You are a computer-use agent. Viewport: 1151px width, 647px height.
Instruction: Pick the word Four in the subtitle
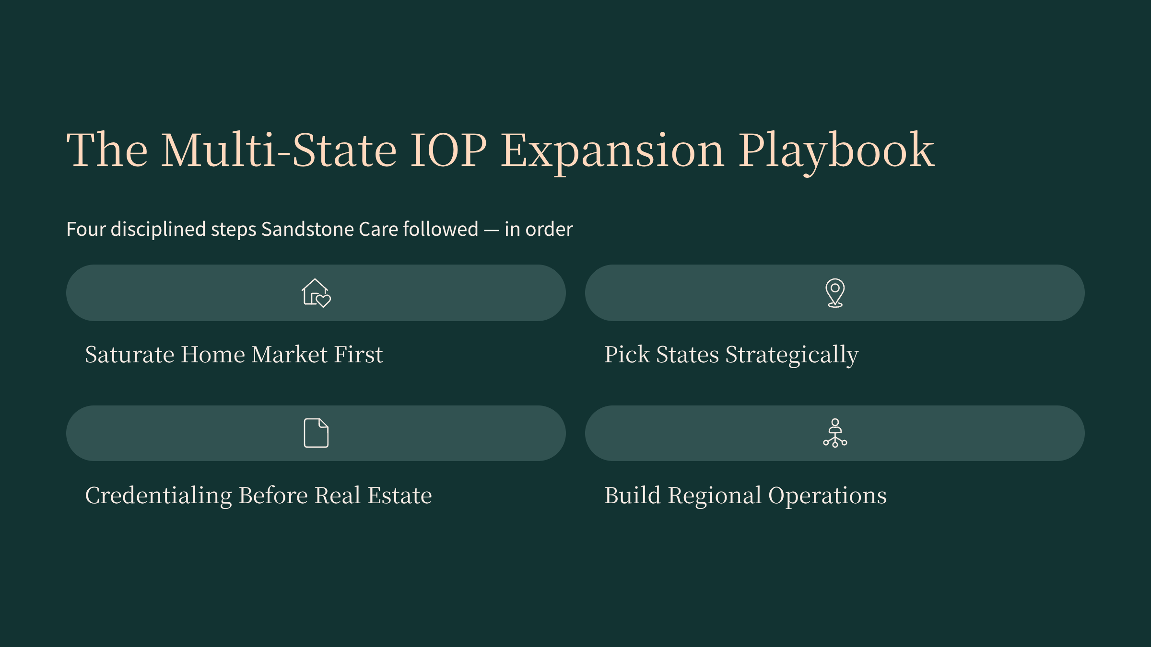click(x=86, y=229)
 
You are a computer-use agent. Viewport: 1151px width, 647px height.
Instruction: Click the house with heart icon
click(x=316, y=293)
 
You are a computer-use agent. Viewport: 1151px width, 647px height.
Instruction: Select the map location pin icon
click(x=835, y=293)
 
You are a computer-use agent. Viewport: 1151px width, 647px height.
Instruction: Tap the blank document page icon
click(x=317, y=433)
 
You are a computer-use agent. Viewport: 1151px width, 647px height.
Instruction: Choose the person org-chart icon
click(x=835, y=433)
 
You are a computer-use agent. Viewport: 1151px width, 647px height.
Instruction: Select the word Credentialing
click(x=158, y=496)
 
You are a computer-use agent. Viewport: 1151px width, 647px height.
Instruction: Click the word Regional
click(x=715, y=496)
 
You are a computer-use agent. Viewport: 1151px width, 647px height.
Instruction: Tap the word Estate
click(x=400, y=496)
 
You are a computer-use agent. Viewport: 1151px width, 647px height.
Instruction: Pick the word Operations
click(x=827, y=496)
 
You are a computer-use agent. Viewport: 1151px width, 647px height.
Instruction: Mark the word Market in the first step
click(x=290, y=355)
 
